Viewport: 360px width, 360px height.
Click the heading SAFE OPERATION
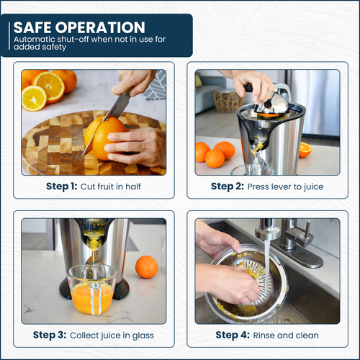[79, 27]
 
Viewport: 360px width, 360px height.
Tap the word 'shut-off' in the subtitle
[73, 39]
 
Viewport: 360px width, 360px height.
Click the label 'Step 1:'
[62, 186]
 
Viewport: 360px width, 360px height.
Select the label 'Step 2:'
[228, 186]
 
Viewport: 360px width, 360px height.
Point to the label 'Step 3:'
[50, 335]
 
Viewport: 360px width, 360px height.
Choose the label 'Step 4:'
[233, 335]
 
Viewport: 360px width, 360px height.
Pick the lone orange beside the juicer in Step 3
[146, 266]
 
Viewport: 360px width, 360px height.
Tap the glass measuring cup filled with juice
[92, 289]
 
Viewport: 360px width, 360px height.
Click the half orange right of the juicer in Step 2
[305, 150]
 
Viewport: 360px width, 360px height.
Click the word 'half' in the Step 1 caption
[133, 186]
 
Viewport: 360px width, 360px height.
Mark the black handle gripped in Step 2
[249, 89]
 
